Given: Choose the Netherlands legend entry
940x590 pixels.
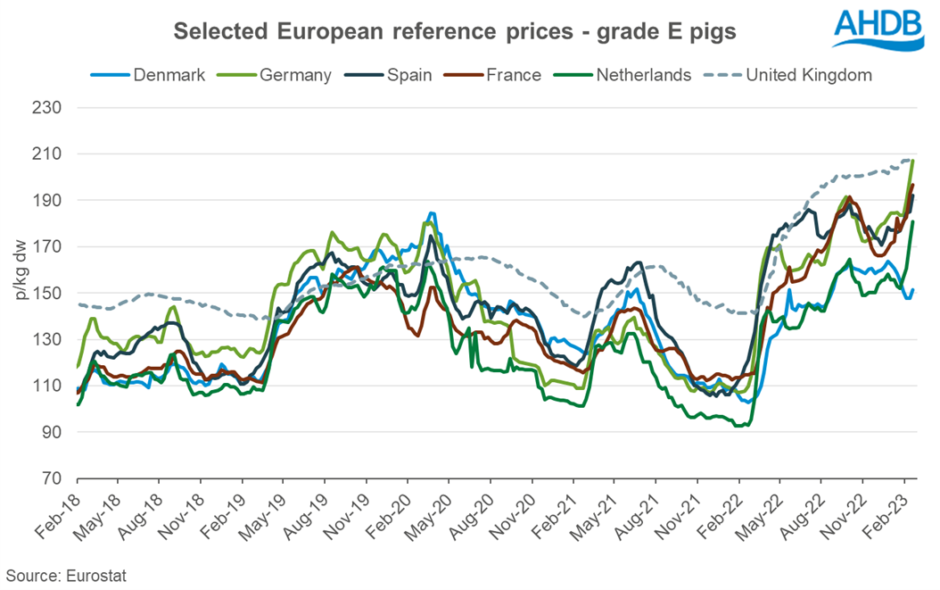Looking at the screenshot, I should tap(634, 75).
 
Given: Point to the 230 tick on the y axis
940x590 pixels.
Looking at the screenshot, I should tap(54, 108).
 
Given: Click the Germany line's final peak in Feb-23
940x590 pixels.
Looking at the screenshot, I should tap(913, 161).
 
